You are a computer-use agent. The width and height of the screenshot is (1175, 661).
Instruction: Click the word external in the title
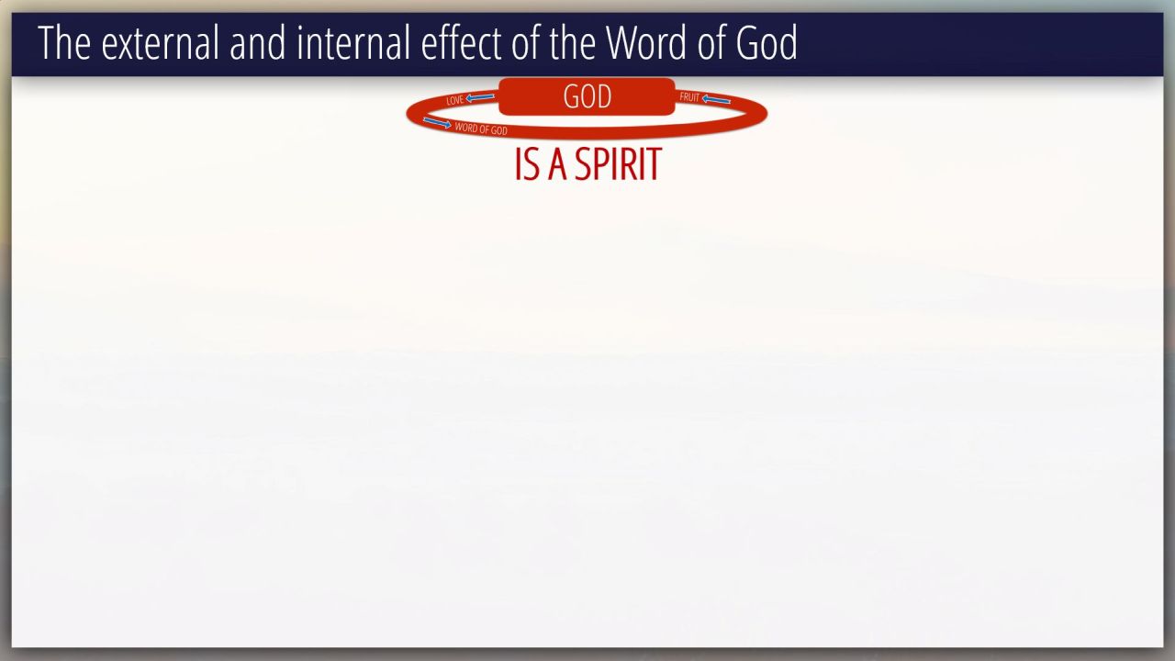tap(160, 43)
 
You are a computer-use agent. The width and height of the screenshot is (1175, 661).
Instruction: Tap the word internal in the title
tap(353, 43)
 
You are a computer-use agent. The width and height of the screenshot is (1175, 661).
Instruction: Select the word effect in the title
tap(461, 43)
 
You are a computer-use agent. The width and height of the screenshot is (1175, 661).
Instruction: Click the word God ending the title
tap(767, 42)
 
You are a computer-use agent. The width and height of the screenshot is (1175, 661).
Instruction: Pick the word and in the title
tap(258, 43)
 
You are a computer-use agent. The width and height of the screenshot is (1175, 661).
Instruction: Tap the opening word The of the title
tap(64, 43)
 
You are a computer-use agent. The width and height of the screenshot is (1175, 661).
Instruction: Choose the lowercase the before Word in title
tap(572, 43)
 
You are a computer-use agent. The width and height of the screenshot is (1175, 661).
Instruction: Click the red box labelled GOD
tap(587, 96)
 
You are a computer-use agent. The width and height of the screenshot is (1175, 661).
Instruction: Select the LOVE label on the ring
tap(454, 100)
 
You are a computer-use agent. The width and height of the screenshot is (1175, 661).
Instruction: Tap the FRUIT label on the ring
tap(689, 97)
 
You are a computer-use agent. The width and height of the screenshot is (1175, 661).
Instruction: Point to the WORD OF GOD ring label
tap(481, 129)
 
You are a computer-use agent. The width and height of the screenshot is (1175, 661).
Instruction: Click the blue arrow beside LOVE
tap(480, 97)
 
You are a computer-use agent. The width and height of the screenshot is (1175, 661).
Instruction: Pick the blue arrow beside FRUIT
tap(716, 99)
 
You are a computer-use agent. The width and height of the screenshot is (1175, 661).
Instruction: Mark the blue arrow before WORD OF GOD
tap(437, 123)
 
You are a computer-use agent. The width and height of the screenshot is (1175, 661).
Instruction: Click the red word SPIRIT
tap(618, 164)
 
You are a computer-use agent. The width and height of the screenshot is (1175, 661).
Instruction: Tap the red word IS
tap(527, 164)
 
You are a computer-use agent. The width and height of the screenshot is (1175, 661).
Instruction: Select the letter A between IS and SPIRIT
tap(557, 164)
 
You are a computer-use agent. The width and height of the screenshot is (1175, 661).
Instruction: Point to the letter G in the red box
tap(570, 96)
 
